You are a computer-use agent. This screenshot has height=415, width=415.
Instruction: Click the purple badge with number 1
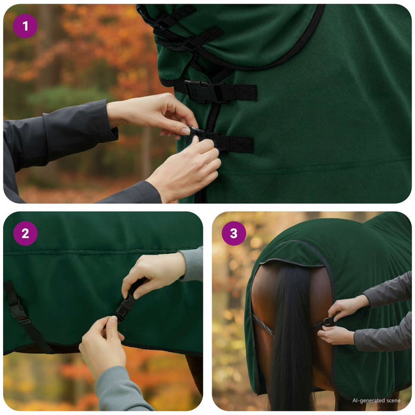pos(25,26)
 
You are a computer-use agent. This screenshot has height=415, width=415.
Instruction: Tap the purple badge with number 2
pos(25,234)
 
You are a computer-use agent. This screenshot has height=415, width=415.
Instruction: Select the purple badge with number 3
pos(234,234)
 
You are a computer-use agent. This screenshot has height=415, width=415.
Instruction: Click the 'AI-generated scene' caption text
pos(376,400)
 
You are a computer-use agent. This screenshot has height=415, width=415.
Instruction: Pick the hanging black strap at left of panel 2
pos(24,317)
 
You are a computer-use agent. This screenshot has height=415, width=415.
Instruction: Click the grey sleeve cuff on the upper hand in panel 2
pos(191,264)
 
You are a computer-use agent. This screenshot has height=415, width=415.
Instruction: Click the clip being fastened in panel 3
pos(327,322)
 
